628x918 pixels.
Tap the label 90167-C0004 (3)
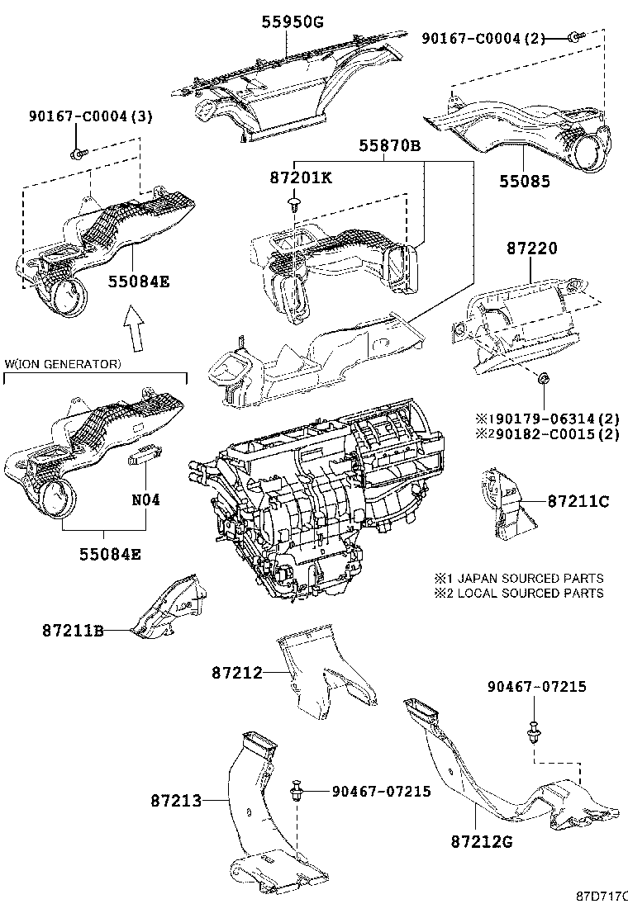tap(88, 117)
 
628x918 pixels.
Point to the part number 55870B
tap(389, 146)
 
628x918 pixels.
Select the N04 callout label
tap(146, 500)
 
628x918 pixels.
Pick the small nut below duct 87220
tap(543, 379)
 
